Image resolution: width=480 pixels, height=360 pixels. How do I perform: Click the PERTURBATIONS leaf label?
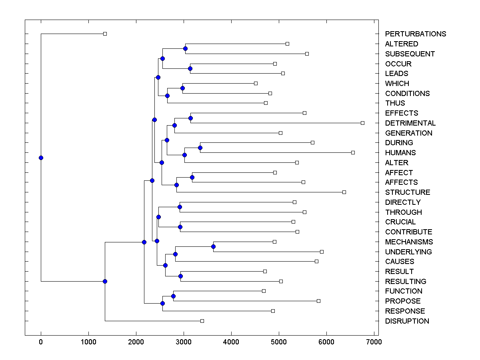click(x=415, y=34)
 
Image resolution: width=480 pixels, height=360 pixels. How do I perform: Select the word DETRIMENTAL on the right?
click(x=410, y=123)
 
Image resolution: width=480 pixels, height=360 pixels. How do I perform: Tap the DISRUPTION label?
click(x=407, y=321)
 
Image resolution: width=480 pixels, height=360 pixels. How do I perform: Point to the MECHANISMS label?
click(x=409, y=242)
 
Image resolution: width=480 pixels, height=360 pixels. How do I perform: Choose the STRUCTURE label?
click(x=408, y=192)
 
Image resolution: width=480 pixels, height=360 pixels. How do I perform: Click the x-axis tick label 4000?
click(x=231, y=342)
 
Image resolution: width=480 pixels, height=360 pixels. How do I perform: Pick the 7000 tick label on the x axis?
click(x=374, y=342)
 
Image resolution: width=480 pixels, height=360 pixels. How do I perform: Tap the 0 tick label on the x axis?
click(x=41, y=342)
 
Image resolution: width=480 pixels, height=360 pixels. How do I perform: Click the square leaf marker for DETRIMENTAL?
click(x=362, y=123)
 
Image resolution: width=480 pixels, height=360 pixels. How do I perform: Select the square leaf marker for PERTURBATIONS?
click(x=105, y=34)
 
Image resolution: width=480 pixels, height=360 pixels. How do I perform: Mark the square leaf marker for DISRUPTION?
click(x=202, y=321)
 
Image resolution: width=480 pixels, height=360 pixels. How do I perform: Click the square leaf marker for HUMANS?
click(x=353, y=152)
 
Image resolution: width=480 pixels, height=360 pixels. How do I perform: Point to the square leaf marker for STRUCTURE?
click(x=344, y=192)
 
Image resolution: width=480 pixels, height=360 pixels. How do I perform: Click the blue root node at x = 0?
click(x=41, y=158)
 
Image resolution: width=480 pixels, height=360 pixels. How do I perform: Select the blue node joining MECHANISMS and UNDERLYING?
click(x=214, y=247)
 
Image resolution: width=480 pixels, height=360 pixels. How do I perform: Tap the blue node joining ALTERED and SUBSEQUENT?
click(x=185, y=48)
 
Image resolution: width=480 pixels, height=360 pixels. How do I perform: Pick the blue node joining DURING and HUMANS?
click(x=200, y=148)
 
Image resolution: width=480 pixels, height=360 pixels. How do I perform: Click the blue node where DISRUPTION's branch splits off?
click(x=105, y=281)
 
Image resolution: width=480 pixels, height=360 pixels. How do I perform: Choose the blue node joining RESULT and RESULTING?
click(x=180, y=276)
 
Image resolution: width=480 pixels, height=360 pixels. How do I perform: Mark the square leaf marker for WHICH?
click(x=256, y=83)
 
